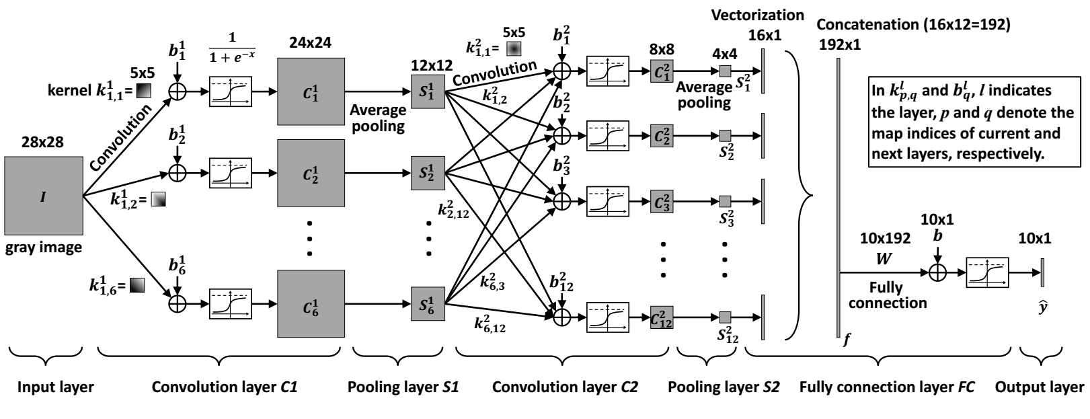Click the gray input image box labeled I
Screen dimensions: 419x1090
[x=43, y=196]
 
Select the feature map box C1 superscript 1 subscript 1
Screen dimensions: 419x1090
[x=311, y=91]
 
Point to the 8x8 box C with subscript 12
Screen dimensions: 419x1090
[x=662, y=317]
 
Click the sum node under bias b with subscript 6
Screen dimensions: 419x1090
[x=177, y=303]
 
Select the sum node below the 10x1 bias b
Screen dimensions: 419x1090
[x=937, y=272]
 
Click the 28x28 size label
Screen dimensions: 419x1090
[x=43, y=143]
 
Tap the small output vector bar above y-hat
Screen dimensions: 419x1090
[x=1042, y=272]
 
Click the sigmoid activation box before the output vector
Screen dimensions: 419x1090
[x=986, y=272]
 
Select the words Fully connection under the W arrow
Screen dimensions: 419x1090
[x=887, y=295]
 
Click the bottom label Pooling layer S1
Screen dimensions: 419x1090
[x=403, y=387]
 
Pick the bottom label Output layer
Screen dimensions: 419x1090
[x=1039, y=387]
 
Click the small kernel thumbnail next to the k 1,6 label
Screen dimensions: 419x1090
[x=137, y=285]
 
